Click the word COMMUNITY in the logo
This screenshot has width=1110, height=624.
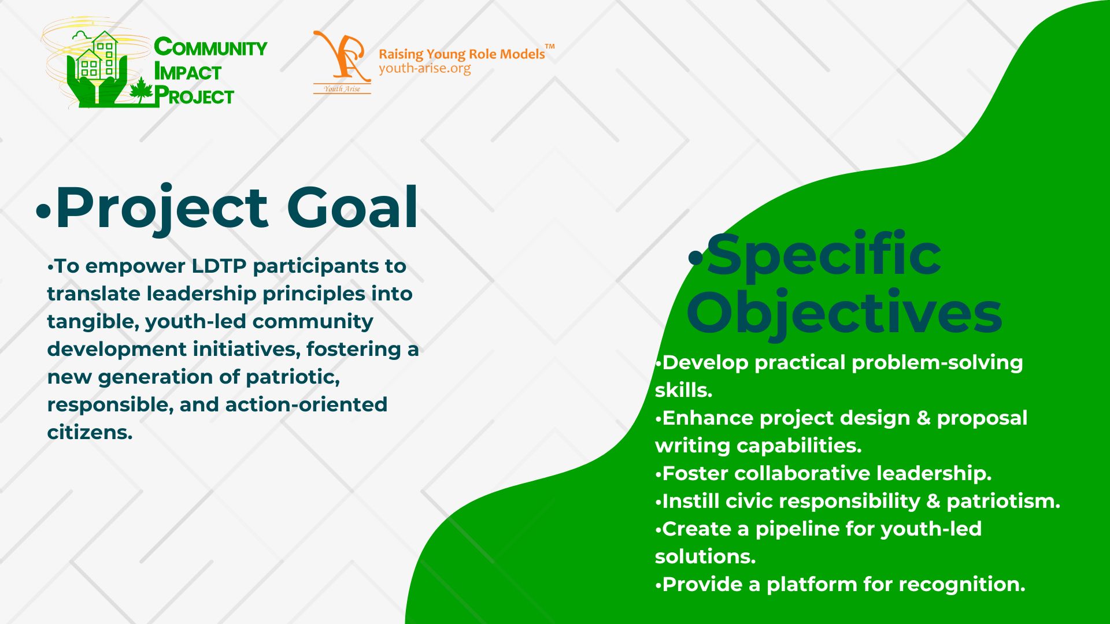tap(210, 47)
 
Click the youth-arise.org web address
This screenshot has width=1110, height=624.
tap(425, 69)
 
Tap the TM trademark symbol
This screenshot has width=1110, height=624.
tap(550, 46)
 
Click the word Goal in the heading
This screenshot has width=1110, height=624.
tap(352, 207)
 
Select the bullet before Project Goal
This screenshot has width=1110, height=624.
tap(43, 211)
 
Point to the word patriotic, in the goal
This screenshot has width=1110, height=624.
tap(293, 377)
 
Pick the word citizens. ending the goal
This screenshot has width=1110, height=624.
tap(90, 432)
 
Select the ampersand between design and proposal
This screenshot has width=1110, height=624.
tap(923, 418)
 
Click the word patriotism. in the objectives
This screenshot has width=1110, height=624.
tap(1003, 501)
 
